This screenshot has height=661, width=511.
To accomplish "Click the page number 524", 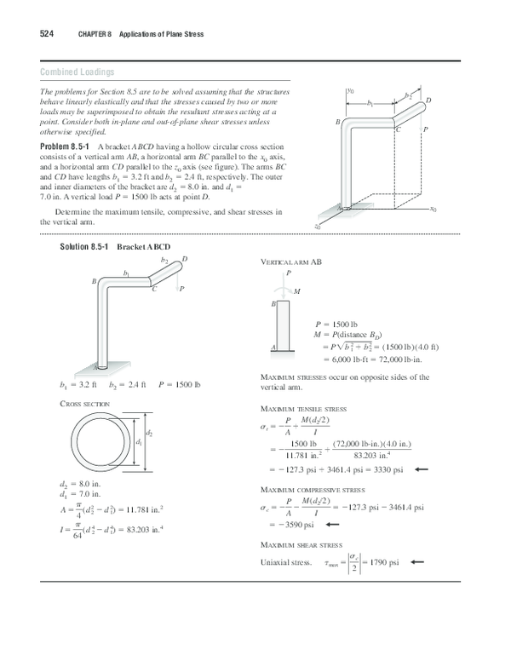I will click(x=48, y=34).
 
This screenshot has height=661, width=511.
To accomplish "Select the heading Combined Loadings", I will click(x=78, y=72).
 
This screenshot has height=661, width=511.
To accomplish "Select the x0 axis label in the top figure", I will click(x=433, y=208).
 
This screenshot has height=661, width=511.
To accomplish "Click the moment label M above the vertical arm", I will click(x=296, y=291).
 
